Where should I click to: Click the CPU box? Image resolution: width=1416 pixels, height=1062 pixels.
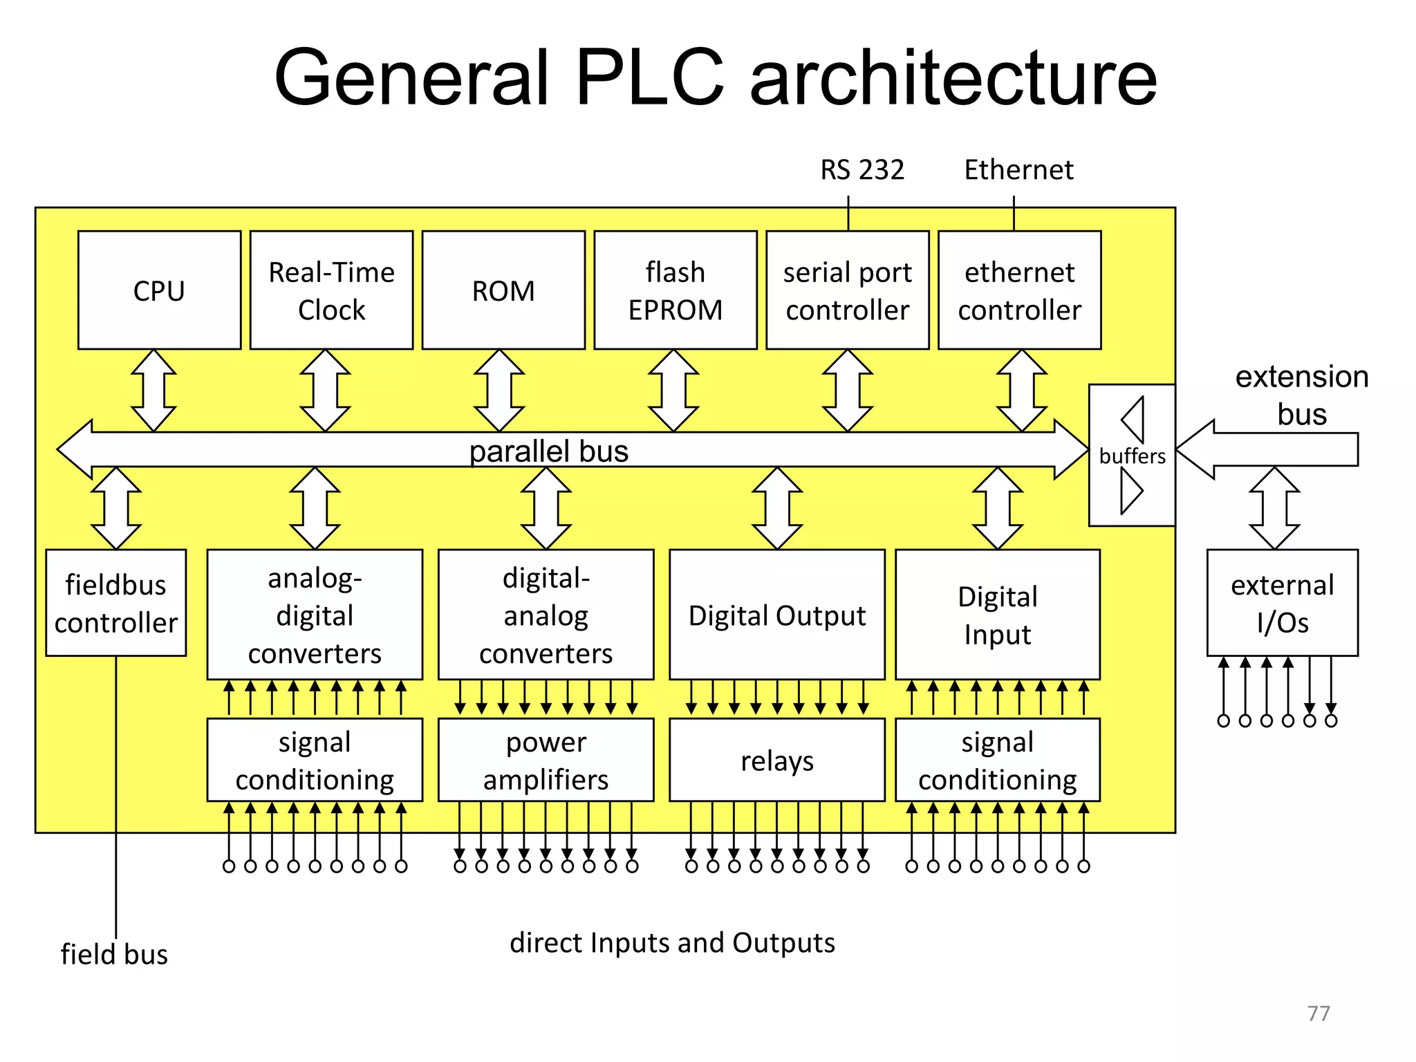click(159, 290)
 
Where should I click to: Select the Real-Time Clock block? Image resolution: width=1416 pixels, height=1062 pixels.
click(331, 290)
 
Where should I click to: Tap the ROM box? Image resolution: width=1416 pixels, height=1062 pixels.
click(503, 290)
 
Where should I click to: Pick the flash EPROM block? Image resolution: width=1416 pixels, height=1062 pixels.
click(675, 290)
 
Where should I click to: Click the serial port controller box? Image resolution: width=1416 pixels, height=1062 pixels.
click(847, 290)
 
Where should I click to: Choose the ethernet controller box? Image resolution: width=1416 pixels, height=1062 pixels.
click(1019, 290)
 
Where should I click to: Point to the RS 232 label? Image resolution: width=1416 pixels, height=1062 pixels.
click(861, 169)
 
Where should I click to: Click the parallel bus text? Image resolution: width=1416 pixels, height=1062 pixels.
click(548, 451)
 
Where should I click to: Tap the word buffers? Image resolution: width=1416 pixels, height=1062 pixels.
click(1132, 456)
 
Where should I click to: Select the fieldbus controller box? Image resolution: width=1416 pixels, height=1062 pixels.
click(115, 603)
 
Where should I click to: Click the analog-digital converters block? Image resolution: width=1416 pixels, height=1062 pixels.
click(315, 615)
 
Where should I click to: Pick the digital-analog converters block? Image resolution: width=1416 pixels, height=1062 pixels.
click(546, 615)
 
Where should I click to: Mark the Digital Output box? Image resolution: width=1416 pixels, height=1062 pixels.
click(777, 615)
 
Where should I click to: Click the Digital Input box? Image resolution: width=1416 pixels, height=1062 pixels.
click(997, 615)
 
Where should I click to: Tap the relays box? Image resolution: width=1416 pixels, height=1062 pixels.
click(777, 761)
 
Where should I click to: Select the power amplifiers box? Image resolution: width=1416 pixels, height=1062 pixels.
click(546, 761)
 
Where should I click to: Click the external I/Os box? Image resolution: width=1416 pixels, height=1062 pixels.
click(1282, 603)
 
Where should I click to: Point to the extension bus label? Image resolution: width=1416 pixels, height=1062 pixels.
click(1301, 395)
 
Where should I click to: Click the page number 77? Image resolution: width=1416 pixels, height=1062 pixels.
click(1319, 1013)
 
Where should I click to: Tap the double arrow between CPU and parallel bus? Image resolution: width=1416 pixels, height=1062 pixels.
click(153, 391)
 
